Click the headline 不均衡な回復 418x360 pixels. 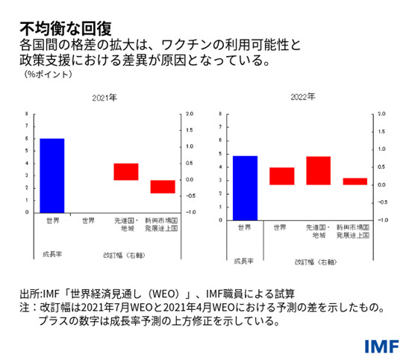coord(65,28)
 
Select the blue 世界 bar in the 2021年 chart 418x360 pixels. coord(52,176)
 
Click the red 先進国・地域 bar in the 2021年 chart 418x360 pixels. coord(126,172)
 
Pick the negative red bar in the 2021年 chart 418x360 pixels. coord(163,187)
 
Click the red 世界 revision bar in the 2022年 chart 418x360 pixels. coord(281,176)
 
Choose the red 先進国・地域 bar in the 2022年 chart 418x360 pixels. coord(318,170)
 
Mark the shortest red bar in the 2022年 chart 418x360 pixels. coord(355,181)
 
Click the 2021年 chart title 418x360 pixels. coord(105,99)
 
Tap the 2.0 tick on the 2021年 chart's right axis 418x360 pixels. coord(190,114)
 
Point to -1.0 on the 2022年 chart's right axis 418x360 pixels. coord(382,220)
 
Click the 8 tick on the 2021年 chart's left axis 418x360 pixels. coord(27,114)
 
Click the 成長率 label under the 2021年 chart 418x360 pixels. coord(46,255)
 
